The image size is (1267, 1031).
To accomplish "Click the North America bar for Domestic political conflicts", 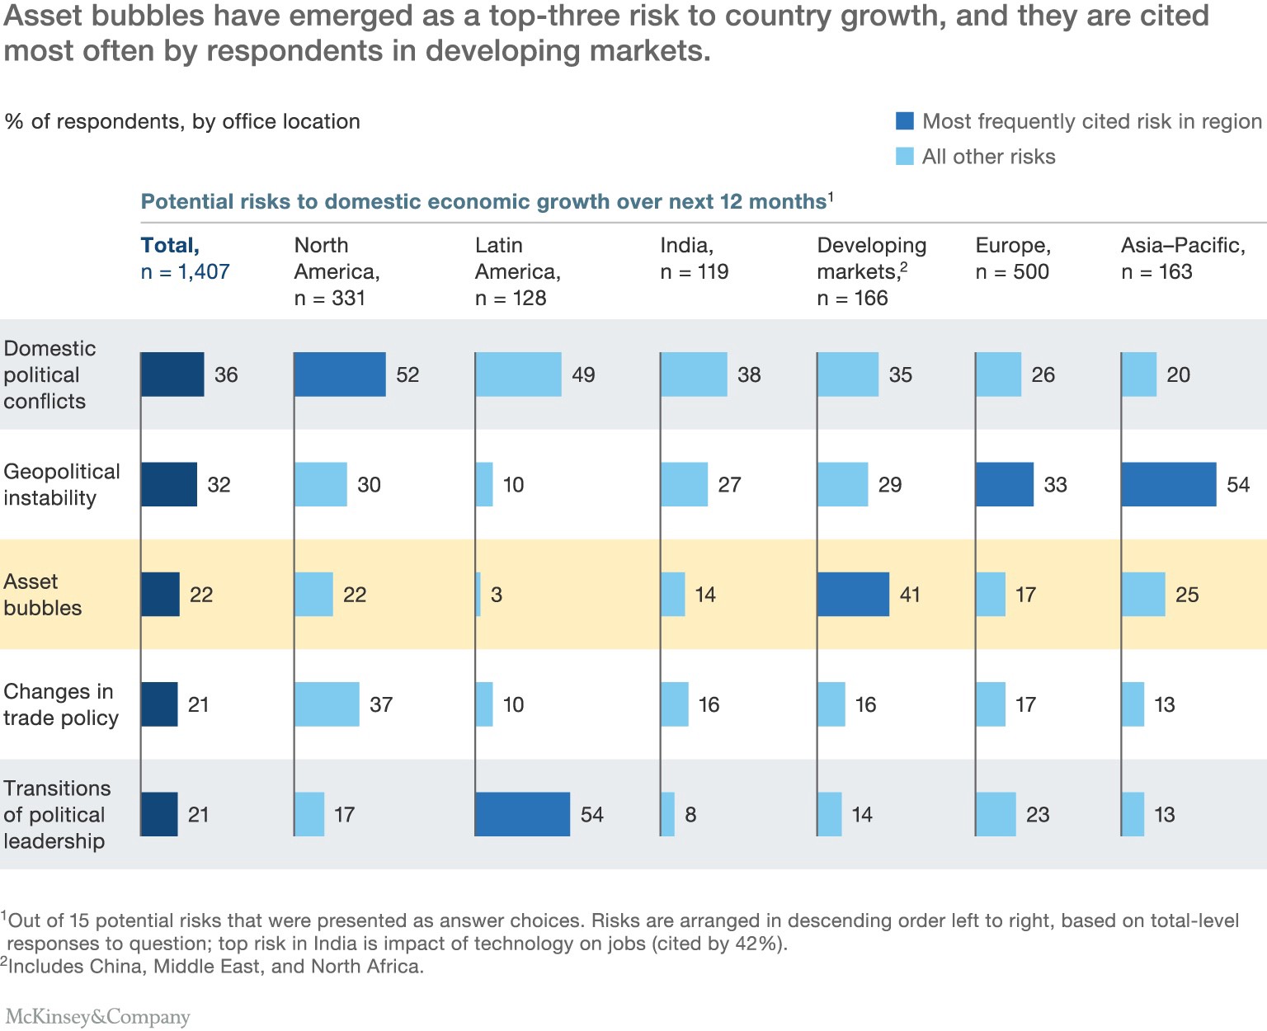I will click(x=340, y=374).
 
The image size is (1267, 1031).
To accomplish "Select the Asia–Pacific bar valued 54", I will click(x=1168, y=484).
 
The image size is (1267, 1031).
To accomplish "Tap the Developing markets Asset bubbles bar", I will click(x=853, y=595).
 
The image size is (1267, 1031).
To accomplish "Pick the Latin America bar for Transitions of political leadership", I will click(x=522, y=815).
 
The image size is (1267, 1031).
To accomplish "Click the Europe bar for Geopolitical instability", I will click(x=1005, y=484).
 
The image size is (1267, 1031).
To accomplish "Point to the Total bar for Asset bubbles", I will click(x=160, y=595).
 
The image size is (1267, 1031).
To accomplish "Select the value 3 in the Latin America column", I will click(x=497, y=595).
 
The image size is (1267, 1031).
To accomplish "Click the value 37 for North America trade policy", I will click(x=381, y=704).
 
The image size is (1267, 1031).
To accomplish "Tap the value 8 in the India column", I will click(x=690, y=815).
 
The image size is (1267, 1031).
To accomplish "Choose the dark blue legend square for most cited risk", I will click(x=905, y=121).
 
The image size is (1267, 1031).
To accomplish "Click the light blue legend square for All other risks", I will click(x=905, y=157).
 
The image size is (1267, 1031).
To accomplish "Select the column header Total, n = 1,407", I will click(x=185, y=258).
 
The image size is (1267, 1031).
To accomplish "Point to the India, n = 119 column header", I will click(x=694, y=258).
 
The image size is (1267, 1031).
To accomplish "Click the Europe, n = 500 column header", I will click(x=1012, y=258).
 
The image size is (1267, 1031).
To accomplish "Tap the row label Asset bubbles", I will click(x=43, y=595).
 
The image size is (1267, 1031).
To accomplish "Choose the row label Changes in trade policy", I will click(x=60, y=704).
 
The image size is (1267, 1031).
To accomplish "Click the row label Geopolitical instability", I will click(x=61, y=484).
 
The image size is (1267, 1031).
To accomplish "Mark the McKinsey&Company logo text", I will click(x=97, y=1016).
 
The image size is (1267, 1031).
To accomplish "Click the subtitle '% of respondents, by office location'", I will click(x=182, y=121).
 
